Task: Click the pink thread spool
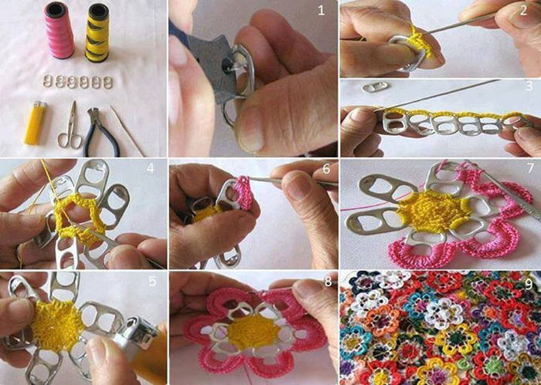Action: (x=59, y=30)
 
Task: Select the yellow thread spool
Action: (x=97, y=32)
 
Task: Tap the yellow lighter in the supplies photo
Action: (x=35, y=122)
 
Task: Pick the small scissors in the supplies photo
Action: (x=71, y=125)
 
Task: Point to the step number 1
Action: (x=322, y=11)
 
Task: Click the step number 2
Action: (x=523, y=10)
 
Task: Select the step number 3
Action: (x=529, y=86)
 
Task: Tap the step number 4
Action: (x=150, y=168)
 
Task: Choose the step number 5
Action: (x=152, y=282)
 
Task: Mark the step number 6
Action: (x=326, y=169)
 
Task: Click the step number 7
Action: (x=530, y=169)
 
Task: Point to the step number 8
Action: (x=328, y=282)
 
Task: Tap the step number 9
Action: (x=529, y=285)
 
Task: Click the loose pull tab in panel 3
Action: (x=375, y=86)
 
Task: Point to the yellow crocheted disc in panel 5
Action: (x=57, y=326)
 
